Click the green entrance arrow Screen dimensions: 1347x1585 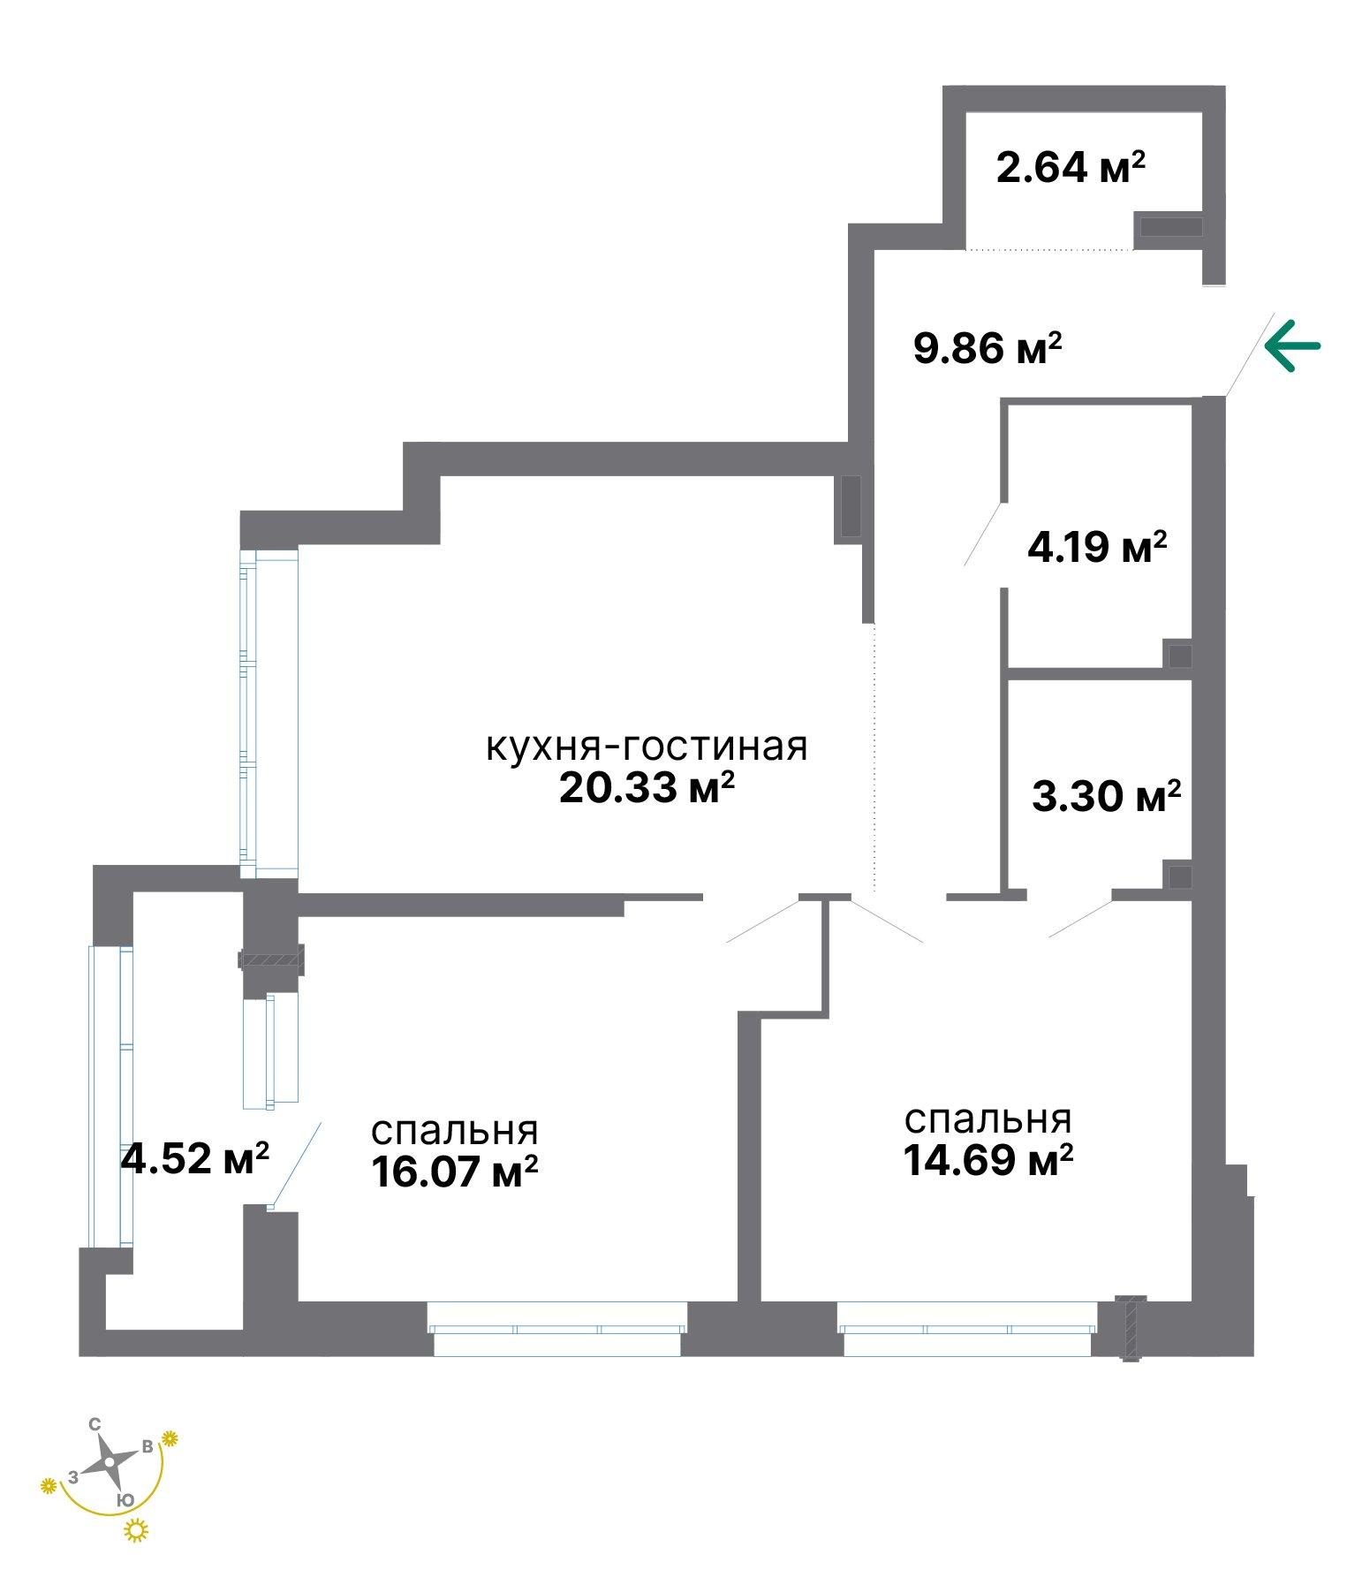coord(1293,345)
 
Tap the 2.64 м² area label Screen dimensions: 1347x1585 coord(1071,166)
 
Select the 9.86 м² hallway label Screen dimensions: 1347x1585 coord(988,349)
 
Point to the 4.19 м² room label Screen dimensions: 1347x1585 coord(1097,547)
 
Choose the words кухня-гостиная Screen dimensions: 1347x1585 coord(647,747)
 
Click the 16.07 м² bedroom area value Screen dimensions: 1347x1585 coord(455,1172)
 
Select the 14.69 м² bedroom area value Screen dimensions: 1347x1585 coord(988,1160)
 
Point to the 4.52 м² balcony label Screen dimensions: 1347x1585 coord(195,1157)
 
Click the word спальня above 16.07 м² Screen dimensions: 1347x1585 coord(455,1131)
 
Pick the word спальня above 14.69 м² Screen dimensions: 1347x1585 coord(988,1119)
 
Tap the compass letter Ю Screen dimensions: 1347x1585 coord(125,1498)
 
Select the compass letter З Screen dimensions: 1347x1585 coord(73,1476)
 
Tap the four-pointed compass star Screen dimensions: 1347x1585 coord(108,1462)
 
